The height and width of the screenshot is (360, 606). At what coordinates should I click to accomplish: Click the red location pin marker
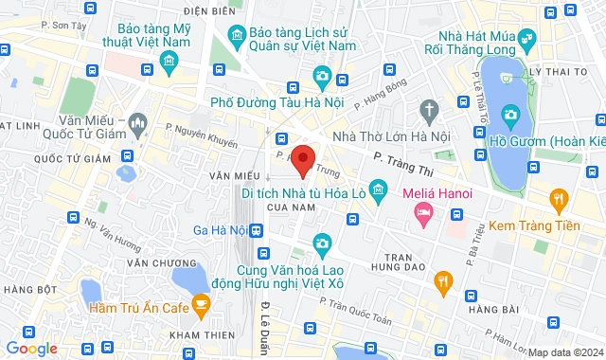(303, 160)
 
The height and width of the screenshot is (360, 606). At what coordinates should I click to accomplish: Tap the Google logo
(31, 349)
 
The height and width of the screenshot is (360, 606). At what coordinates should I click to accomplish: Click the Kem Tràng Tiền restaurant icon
(559, 199)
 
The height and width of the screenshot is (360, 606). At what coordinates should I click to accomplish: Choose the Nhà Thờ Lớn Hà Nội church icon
(428, 110)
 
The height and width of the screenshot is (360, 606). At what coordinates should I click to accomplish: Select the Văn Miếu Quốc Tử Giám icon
(139, 123)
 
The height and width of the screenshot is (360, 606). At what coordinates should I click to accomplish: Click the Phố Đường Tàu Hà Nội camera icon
(322, 76)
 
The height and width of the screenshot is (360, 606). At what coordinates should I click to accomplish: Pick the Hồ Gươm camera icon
(511, 117)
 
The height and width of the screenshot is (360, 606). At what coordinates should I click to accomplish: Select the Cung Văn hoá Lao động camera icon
(322, 244)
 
